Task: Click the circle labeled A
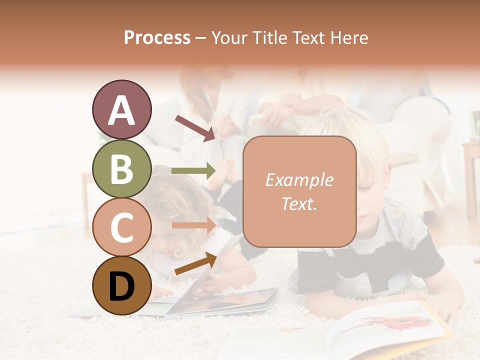[x=121, y=109]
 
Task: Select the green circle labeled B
[x=121, y=168]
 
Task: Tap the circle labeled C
[x=121, y=227]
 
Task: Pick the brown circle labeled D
[x=121, y=285]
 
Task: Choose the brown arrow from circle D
[x=195, y=263]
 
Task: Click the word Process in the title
[x=157, y=37]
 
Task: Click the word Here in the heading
[x=350, y=37]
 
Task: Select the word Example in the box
[x=299, y=180]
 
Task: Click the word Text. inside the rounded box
[x=299, y=203]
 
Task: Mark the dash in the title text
[x=201, y=38]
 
